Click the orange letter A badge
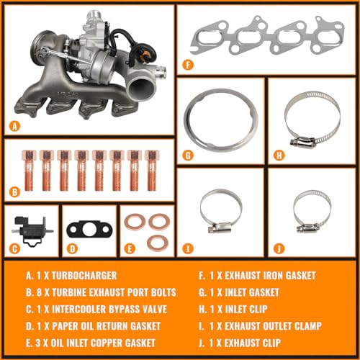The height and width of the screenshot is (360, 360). point(14,126)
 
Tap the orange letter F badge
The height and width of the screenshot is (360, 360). point(188,65)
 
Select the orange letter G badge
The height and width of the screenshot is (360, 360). point(188,156)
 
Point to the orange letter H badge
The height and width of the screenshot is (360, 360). point(279,156)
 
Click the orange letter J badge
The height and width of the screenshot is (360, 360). point(279,248)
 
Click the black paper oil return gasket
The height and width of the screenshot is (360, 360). point(90,230)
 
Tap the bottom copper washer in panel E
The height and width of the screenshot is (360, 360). point(158,243)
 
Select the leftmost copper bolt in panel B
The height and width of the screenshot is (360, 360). point(29,170)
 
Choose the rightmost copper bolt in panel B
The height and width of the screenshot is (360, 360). point(151,170)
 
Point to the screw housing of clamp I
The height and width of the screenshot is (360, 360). point(220,227)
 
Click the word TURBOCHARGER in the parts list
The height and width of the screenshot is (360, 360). point(84,276)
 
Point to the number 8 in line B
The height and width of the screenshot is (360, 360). point(40,292)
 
